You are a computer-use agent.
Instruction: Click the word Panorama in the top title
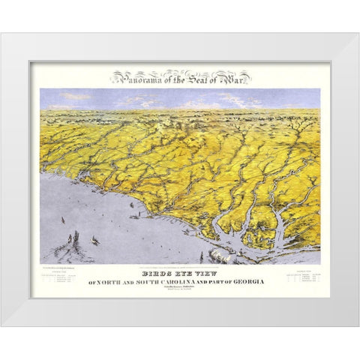(x=137, y=77)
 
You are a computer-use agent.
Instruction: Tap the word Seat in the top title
(x=196, y=76)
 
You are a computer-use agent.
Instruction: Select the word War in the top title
(x=233, y=76)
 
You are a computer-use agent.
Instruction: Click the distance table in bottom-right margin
(x=301, y=278)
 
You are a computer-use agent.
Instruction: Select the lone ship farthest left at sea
(x=59, y=220)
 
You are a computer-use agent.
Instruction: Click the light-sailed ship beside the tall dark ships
(x=94, y=239)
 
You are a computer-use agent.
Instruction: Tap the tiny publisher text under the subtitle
(x=180, y=288)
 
